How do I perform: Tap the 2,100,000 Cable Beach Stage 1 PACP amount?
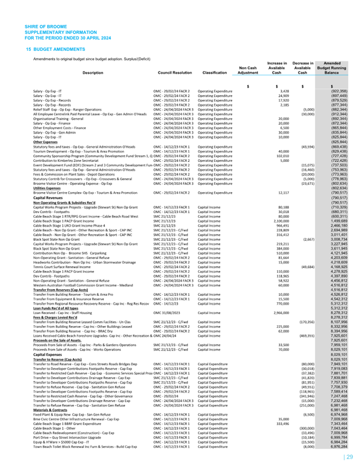[281, 221]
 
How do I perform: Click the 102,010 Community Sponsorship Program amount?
[283, 156]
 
